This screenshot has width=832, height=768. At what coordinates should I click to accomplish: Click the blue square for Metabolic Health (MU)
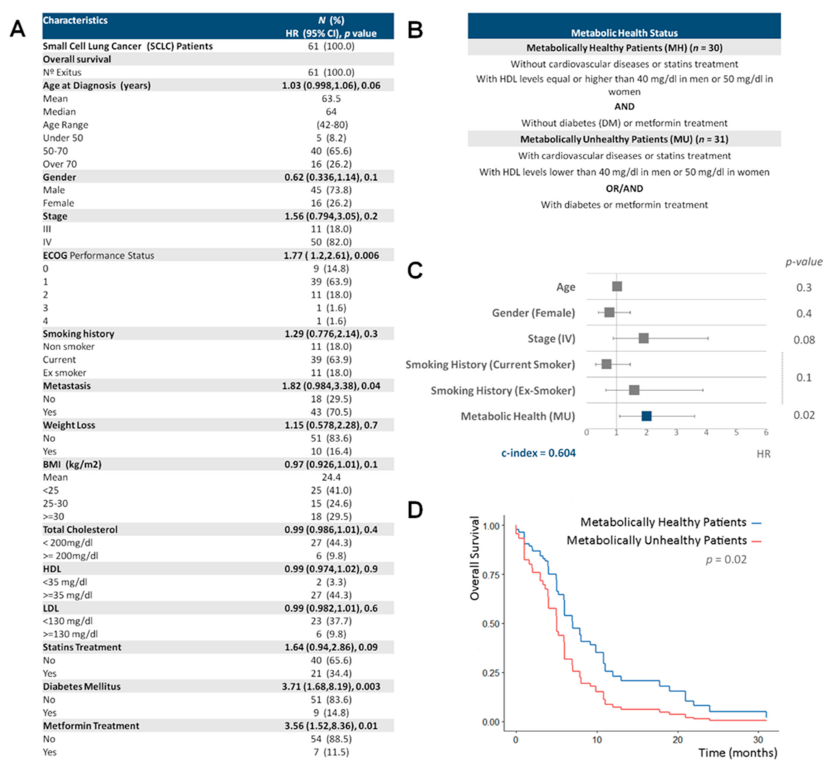646,416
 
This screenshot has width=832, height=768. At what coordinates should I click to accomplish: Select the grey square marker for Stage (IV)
644,338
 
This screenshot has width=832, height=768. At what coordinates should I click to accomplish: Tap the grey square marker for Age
617,286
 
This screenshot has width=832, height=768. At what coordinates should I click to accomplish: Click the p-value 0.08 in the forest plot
804,340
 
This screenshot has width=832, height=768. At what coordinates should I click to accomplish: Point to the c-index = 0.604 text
539,453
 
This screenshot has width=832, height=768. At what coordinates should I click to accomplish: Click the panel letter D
415,511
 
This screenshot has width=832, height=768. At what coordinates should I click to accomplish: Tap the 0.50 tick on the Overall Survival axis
490,624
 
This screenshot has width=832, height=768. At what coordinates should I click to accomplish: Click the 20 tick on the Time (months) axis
678,740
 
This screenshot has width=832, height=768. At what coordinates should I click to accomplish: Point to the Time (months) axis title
737,753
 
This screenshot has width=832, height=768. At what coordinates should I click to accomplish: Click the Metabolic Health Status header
624,33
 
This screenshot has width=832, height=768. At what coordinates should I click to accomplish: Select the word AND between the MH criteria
624,107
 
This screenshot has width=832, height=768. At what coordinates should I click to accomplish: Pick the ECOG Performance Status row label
98,255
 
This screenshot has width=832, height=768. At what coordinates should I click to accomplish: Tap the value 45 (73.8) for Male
331,190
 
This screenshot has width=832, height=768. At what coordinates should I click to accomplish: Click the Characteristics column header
75,21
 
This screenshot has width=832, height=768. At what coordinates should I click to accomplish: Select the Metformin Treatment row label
91,726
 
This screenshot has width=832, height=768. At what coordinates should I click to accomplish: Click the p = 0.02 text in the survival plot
726,560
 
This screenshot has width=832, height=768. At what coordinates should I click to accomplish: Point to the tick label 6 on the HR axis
766,432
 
